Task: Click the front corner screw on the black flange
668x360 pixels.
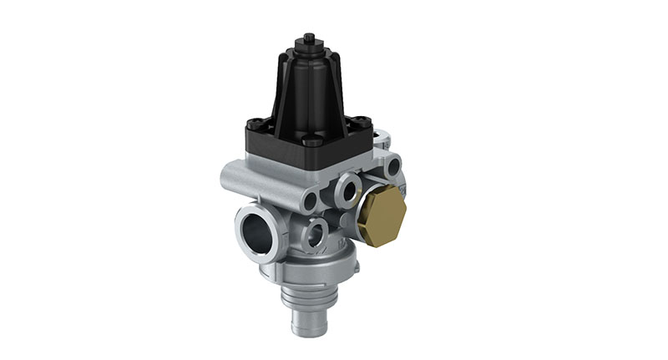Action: tap(310, 142)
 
